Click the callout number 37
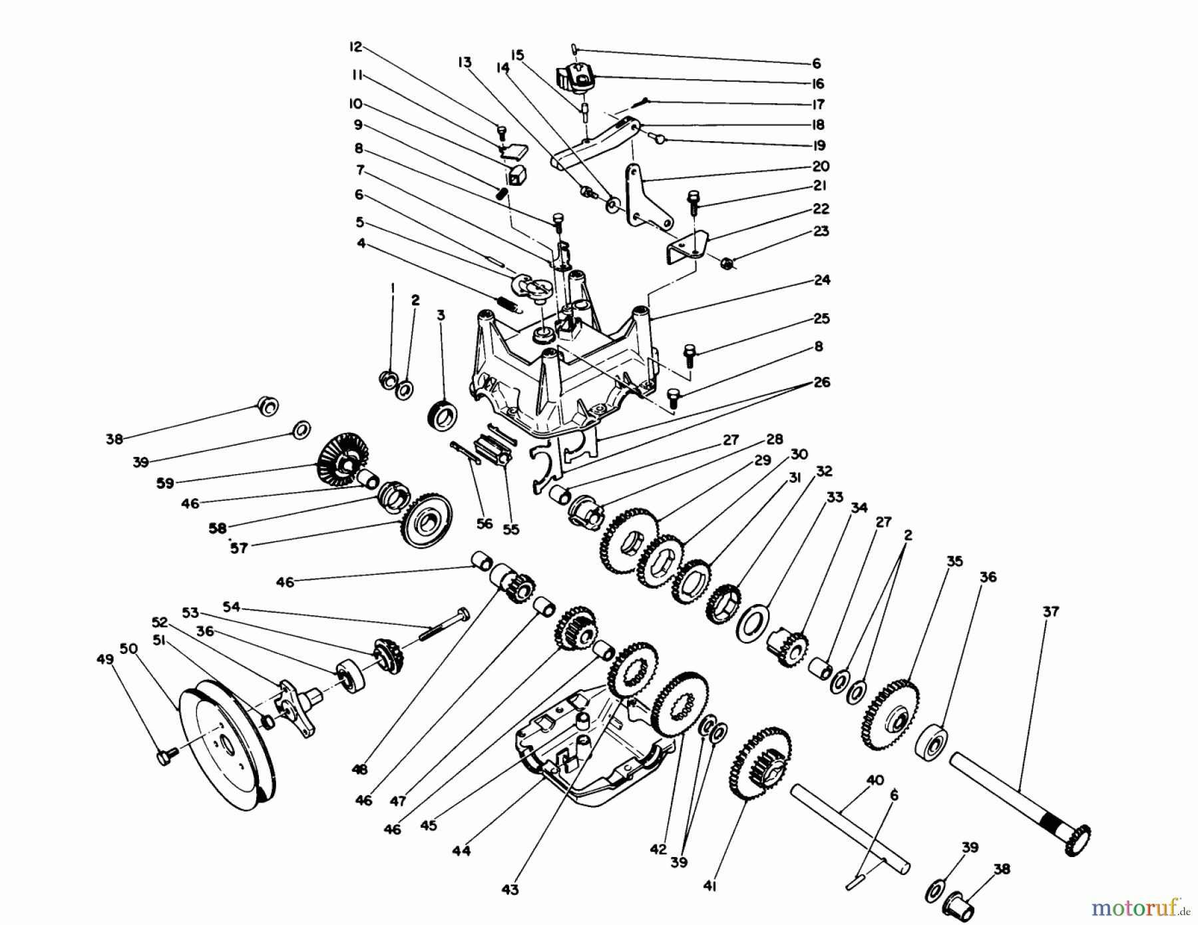1050,611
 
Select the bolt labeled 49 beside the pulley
166,757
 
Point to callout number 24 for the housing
822,280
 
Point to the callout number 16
818,83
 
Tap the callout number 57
238,548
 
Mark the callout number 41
709,886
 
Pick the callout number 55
510,529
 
